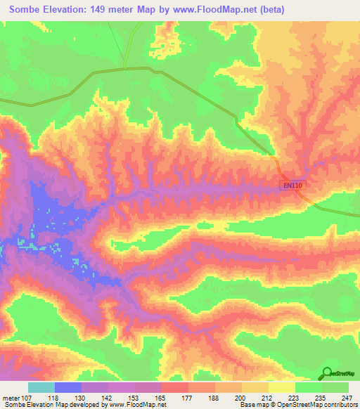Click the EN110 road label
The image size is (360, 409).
(x=293, y=186)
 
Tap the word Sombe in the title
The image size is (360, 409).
(x=26, y=8)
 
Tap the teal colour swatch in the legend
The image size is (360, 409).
(x=41, y=387)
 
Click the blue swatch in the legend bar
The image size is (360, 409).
(x=67, y=387)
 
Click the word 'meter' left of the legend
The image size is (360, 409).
(x=11, y=397)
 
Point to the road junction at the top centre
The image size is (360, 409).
(x=124, y=68)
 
